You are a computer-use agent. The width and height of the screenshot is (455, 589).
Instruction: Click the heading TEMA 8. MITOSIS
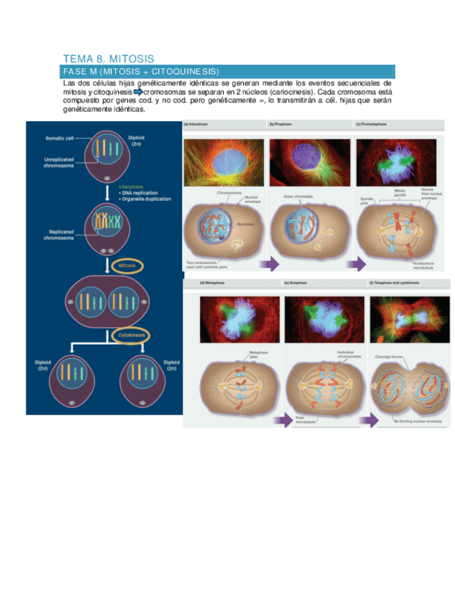pos(108,59)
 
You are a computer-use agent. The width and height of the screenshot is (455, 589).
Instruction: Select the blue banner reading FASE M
pos(229,72)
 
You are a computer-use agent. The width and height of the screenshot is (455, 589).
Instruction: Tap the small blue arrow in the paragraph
pos(137,92)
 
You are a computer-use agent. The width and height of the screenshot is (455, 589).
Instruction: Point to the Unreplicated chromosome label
pos(59,163)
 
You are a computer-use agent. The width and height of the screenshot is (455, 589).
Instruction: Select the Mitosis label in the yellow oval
pos(126,265)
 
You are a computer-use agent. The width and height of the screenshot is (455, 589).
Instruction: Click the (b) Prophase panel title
pos(281,124)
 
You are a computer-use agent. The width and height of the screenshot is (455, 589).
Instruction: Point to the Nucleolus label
pos(245,224)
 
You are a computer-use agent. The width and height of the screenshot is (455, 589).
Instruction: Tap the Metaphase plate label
pos(258,354)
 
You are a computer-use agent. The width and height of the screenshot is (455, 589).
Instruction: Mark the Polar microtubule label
pos(306,420)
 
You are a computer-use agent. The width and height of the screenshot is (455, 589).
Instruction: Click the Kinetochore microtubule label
pos(423,265)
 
